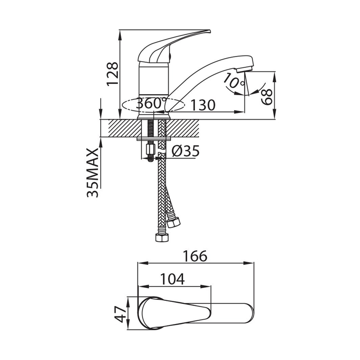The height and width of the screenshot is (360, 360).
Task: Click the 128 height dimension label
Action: (113, 74)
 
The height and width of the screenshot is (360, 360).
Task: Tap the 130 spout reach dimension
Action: (203, 105)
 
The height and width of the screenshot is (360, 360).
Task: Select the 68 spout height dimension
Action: (267, 97)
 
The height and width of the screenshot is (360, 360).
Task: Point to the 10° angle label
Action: (233, 81)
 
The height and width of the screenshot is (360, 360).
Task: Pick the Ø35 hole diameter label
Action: (185, 151)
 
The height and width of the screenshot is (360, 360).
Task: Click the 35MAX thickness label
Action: (93, 173)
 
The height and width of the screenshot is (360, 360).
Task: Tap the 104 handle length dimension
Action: (172, 279)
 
